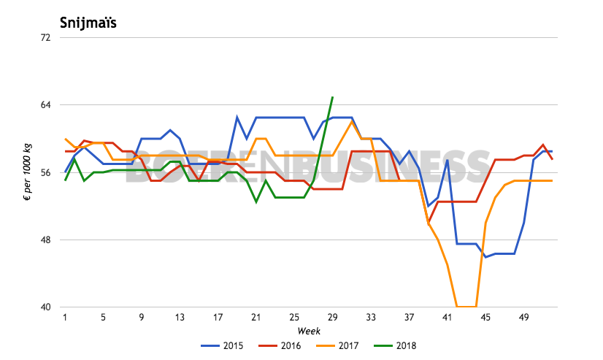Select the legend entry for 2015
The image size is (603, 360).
click(234, 345)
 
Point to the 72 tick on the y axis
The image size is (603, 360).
click(44, 37)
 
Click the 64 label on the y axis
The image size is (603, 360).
click(44, 105)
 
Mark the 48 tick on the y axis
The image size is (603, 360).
click(44, 240)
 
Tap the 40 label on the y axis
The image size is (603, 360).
click(44, 307)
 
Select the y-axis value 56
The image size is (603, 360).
click(44, 173)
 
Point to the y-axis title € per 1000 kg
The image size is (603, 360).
click(26, 172)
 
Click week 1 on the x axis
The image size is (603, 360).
click(65, 318)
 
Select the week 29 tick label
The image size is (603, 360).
click(332, 318)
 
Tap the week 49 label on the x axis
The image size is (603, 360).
click(523, 318)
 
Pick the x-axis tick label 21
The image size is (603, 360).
click(256, 318)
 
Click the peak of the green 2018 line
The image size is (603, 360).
click(332, 97)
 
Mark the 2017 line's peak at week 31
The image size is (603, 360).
click(352, 121)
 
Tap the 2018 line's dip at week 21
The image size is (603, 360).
click(256, 202)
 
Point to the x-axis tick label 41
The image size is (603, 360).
click(448, 318)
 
